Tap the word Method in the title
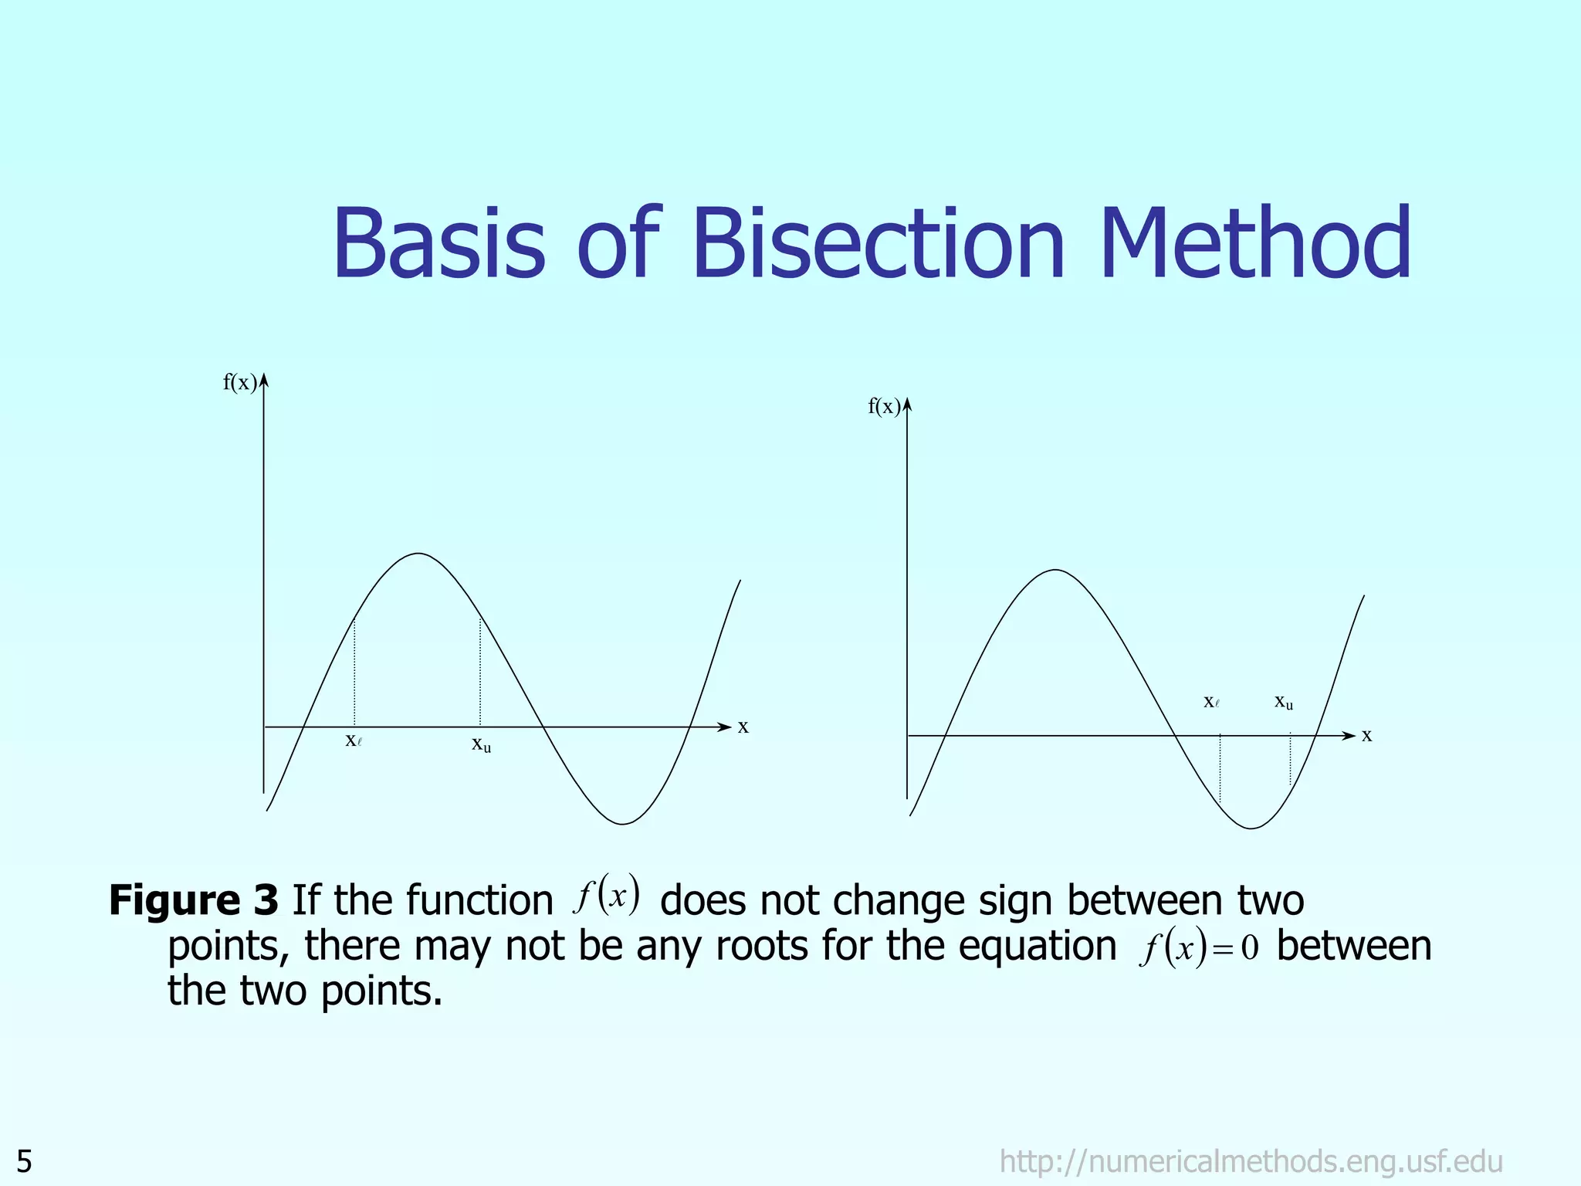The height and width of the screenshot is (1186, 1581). [1256, 243]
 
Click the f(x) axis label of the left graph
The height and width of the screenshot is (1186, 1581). [239, 383]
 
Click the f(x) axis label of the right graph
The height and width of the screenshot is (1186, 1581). [884, 407]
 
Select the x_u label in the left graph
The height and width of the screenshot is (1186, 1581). [481, 744]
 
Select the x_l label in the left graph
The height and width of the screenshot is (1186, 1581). [354, 740]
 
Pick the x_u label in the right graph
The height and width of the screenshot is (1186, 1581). [1283, 702]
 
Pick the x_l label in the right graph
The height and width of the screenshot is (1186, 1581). [1211, 702]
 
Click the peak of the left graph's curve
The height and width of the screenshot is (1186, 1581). [418, 554]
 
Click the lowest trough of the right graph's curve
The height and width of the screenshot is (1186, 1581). [1252, 829]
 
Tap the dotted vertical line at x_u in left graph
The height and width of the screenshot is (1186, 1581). [480, 672]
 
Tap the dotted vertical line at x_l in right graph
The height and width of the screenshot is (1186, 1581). [1220, 768]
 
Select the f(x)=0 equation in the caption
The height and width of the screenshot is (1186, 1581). [1198, 947]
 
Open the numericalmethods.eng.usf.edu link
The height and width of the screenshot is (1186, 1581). [1251, 1161]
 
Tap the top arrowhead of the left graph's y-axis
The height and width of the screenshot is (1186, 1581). [264, 379]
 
